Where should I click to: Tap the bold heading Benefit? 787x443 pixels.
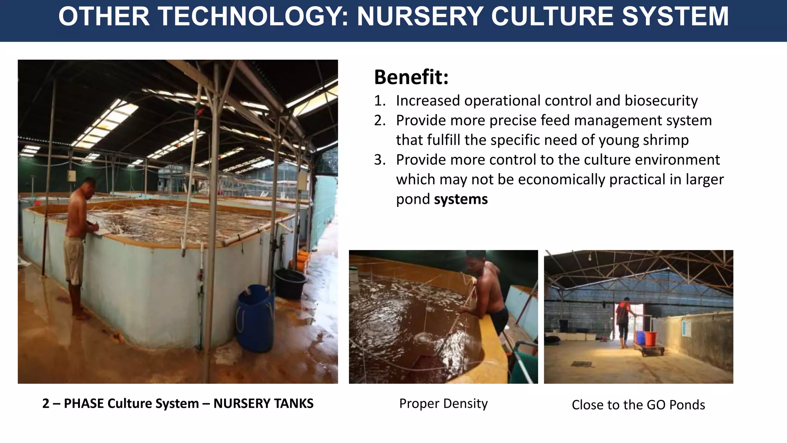(x=411, y=77)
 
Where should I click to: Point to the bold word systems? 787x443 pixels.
(x=461, y=199)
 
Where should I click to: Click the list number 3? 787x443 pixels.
(x=380, y=160)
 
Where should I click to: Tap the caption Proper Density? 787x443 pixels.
(x=443, y=403)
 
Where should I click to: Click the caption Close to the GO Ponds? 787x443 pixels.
(x=638, y=405)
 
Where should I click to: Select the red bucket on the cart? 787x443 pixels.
(x=651, y=338)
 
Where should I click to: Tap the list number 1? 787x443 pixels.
(x=380, y=101)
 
